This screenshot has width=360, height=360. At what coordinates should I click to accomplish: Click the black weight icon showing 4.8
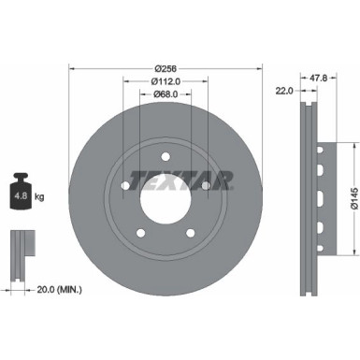22,195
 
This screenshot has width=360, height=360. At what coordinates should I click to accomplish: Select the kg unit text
40,197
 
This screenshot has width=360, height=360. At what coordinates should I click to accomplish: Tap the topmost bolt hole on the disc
165,158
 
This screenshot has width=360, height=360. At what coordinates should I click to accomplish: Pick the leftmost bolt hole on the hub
125,187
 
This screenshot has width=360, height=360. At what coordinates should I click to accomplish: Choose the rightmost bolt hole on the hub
206,187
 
